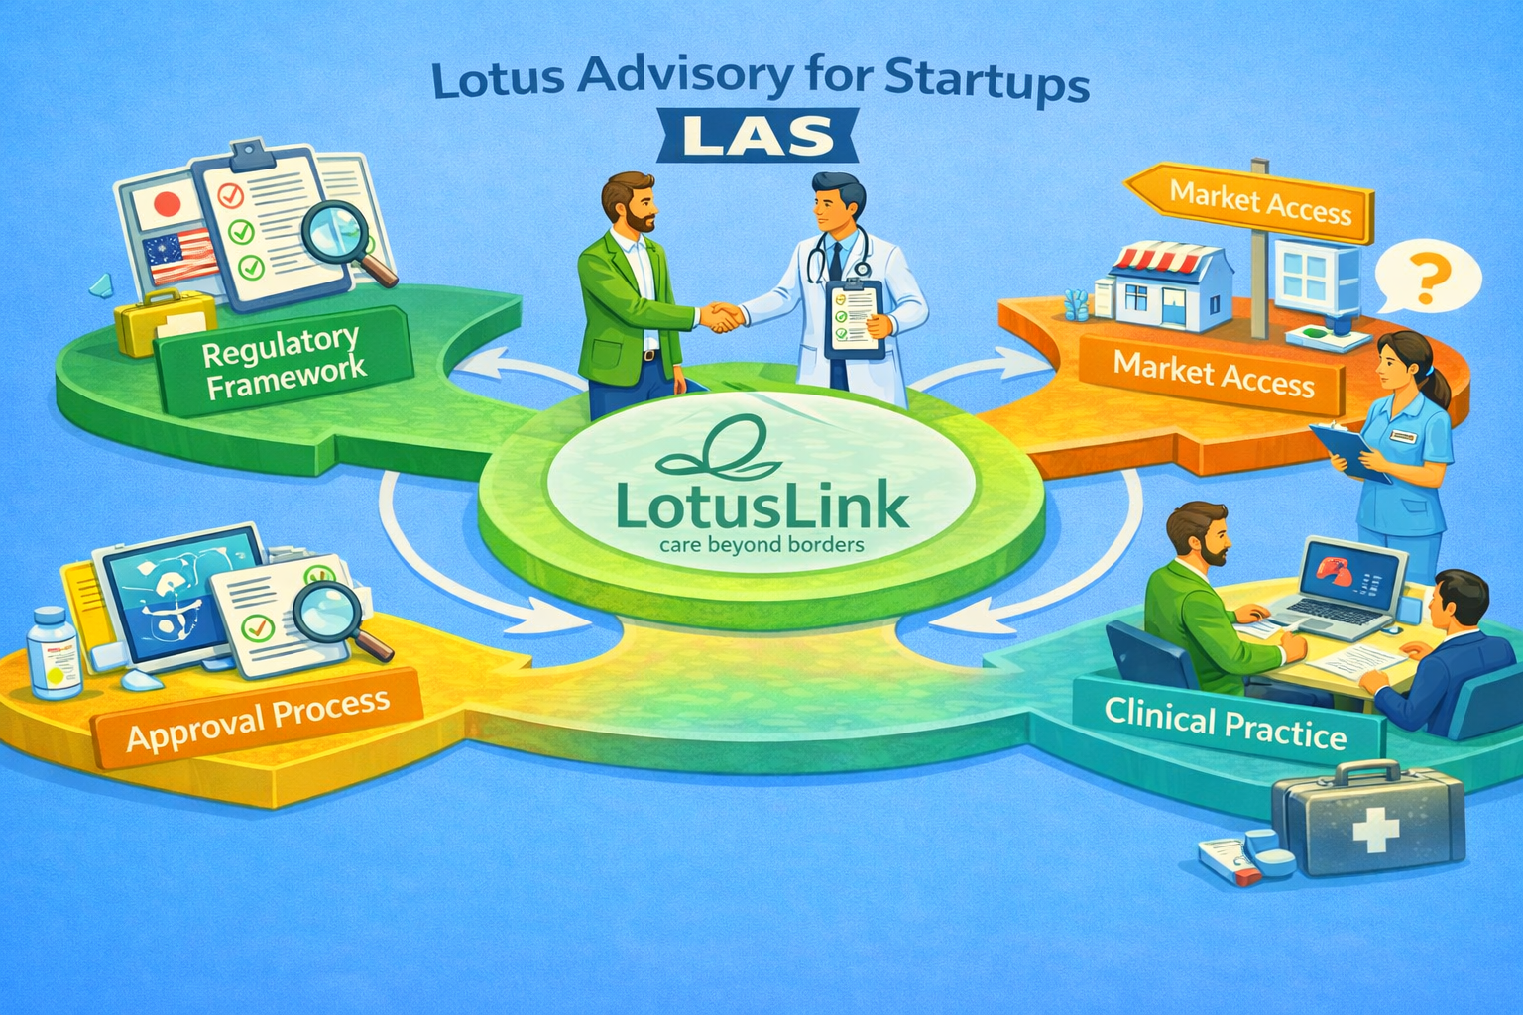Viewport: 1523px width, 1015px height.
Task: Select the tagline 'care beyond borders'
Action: [761, 545]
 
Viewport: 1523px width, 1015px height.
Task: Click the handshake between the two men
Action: [722, 317]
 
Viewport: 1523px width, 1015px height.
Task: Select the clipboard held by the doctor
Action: [855, 317]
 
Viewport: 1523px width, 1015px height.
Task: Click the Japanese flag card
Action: [167, 206]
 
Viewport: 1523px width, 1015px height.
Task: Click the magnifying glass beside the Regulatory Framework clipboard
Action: [342, 238]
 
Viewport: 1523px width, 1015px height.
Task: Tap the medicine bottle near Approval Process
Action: [53, 654]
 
